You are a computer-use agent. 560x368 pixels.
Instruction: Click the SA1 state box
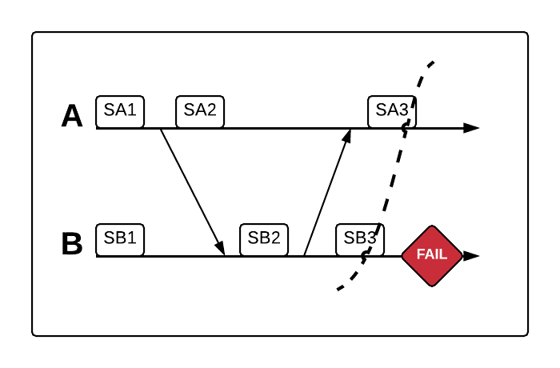(120, 111)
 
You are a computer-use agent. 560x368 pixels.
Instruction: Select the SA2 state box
(200, 111)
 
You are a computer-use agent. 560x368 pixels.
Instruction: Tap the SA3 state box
(392, 111)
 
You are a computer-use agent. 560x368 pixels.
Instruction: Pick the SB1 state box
(120, 238)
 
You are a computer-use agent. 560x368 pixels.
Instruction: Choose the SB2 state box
(264, 238)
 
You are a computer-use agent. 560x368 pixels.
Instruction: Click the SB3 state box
(360, 238)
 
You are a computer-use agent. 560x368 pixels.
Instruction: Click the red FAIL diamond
(433, 256)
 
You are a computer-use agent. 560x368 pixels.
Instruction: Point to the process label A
(72, 117)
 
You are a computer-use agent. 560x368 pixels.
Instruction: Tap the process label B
(72, 244)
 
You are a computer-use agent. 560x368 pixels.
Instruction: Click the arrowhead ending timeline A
(472, 128)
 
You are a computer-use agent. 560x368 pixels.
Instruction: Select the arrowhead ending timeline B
(472, 256)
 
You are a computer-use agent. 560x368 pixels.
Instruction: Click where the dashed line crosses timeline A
(406, 128)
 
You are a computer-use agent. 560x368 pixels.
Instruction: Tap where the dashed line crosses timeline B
(366, 256)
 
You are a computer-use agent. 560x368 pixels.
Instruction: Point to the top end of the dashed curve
(433, 62)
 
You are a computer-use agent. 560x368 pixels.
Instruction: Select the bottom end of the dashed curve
(338, 289)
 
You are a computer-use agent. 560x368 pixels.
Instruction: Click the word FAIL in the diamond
(433, 256)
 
